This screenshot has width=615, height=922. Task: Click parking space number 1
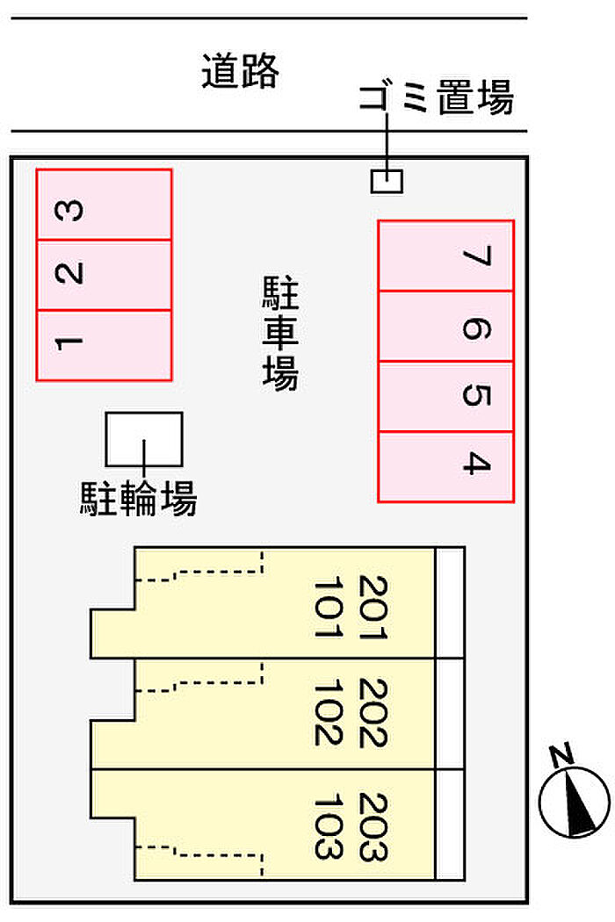point(104,345)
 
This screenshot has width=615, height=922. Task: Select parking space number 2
point(104,275)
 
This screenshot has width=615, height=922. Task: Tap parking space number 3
point(104,205)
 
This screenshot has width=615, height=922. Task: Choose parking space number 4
point(445,466)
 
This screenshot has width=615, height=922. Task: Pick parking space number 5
point(445,397)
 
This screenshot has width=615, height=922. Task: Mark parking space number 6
point(445,327)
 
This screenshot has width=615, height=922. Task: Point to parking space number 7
point(445,256)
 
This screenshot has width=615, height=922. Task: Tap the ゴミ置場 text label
point(436,98)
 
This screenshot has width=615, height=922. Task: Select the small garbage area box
point(387,181)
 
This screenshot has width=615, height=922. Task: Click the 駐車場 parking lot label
point(280,334)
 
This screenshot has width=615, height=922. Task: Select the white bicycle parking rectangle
point(144,438)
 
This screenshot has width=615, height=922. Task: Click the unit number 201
point(373,608)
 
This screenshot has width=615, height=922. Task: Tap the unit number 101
point(327,608)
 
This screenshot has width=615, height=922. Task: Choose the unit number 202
point(373,713)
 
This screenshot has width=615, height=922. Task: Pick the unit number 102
point(327,713)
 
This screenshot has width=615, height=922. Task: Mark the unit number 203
point(373,825)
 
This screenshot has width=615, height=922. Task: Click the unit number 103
point(327,825)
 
